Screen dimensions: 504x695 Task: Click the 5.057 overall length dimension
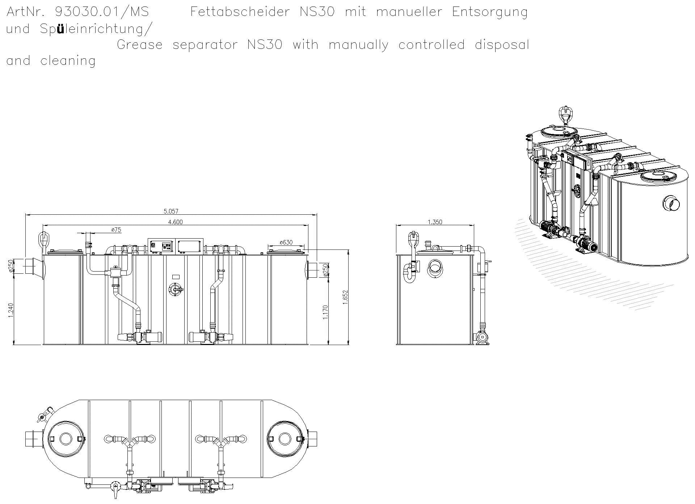click(171, 211)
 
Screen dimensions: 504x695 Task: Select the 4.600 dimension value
click(175, 222)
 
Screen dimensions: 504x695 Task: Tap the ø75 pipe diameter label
click(116, 230)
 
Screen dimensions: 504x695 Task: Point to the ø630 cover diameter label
click(286, 242)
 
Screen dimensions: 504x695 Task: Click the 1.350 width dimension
click(435, 222)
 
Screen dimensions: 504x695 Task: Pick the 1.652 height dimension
click(345, 297)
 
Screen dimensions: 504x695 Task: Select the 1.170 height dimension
click(325, 312)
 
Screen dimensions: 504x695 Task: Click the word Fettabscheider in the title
click(240, 12)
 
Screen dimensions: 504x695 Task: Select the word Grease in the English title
click(140, 45)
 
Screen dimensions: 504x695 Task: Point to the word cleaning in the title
click(68, 61)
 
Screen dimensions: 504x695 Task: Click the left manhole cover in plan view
click(66, 439)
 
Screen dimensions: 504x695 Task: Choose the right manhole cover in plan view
click(285, 439)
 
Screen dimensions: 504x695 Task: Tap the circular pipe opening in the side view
click(435, 268)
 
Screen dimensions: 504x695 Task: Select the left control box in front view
click(161, 246)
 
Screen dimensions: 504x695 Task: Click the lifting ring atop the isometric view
click(564, 113)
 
